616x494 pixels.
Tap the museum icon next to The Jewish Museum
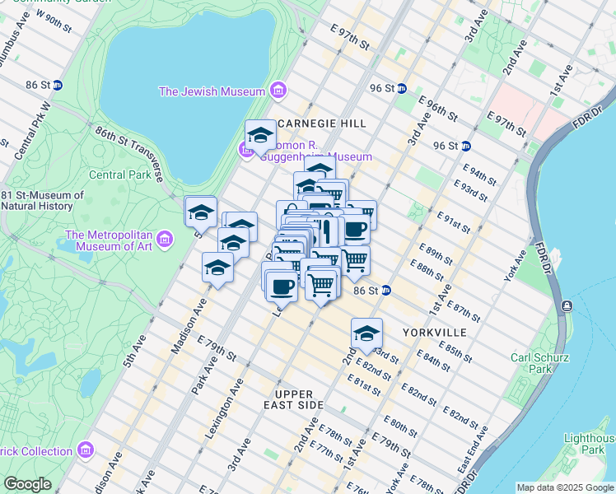[278, 90]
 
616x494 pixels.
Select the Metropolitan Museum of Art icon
[165, 240]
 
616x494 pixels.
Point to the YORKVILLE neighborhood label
[435, 332]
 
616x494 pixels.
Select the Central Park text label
[119, 175]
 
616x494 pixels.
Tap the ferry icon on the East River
[567, 306]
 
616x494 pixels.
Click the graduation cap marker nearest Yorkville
[366, 333]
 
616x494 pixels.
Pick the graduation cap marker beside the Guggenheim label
[261, 136]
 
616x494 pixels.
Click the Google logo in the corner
[28, 484]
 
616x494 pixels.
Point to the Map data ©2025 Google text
[564, 487]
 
